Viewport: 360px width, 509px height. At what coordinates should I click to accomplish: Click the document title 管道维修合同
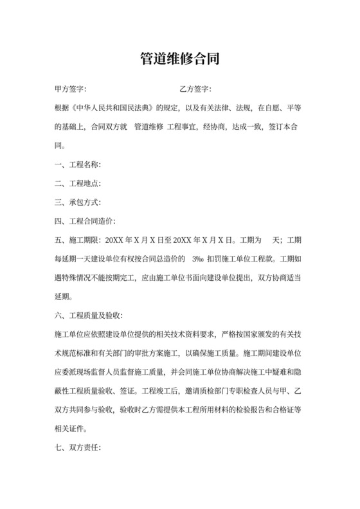(x=180, y=60)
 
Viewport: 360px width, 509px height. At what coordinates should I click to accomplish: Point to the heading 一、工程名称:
(x=78, y=165)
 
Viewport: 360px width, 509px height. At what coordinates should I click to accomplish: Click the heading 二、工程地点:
(x=78, y=184)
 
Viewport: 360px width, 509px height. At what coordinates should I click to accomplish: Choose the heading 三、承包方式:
(x=78, y=202)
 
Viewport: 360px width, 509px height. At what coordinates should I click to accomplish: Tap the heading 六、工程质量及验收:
(x=89, y=316)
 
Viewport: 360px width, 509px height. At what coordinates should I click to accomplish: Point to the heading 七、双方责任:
(x=78, y=448)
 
